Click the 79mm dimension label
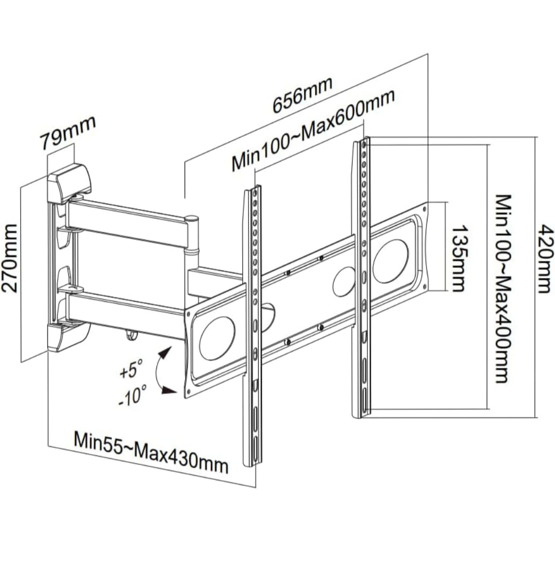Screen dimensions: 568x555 point(68,133)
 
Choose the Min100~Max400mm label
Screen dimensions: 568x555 point(504,288)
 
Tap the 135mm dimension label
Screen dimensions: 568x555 point(457,258)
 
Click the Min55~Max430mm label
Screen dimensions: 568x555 point(151,451)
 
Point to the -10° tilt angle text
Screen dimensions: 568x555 point(132,395)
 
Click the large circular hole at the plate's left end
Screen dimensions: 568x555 point(217,338)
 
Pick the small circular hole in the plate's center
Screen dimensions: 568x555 point(344,281)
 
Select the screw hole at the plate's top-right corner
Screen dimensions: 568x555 point(424,209)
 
